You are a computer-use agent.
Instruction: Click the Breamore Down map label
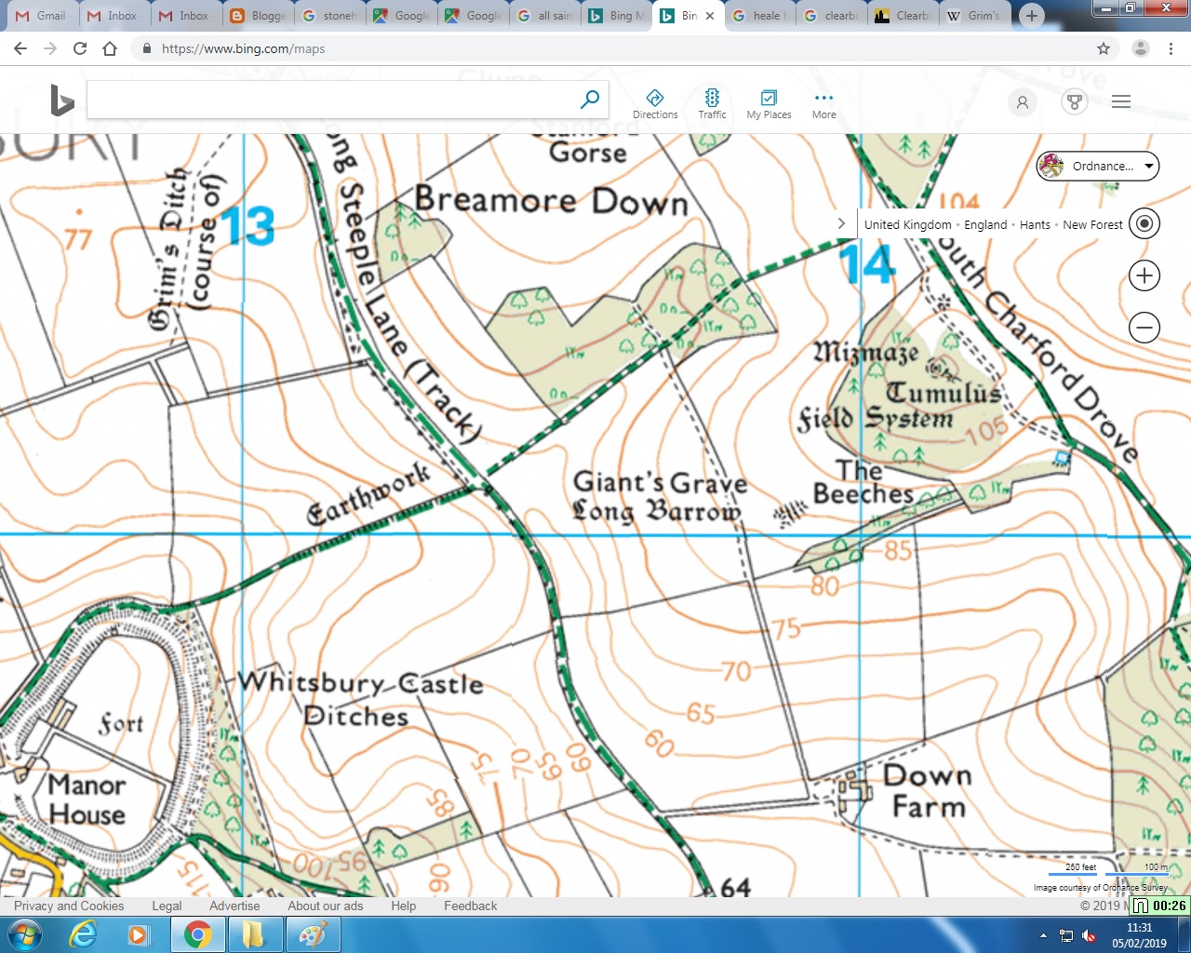[x=551, y=200]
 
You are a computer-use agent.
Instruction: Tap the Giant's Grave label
[x=660, y=483]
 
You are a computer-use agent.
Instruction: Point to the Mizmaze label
[x=866, y=352]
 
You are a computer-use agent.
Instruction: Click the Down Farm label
[x=928, y=791]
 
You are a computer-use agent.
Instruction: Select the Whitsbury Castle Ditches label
[x=360, y=698]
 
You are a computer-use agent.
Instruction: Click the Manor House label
[x=87, y=799]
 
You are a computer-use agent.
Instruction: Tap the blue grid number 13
[x=248, y=226]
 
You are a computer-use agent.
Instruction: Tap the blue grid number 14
[x=867, y=264]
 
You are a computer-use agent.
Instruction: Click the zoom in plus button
[x=1144, y=275]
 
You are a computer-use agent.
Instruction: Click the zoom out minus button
[x=1144, y=328]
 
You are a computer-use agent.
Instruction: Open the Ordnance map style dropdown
[x=1098, y=167]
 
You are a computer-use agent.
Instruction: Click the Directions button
[x=655, y=103]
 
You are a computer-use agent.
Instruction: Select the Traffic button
[x=712, y=103]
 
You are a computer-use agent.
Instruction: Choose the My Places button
[x=769, y=103]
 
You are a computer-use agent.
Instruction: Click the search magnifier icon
[x=590, y=99]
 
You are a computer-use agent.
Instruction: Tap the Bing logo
[x=61, y=101]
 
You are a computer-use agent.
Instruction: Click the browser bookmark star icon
[x=1104, y=48]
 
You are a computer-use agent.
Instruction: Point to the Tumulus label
[x=943, y=393]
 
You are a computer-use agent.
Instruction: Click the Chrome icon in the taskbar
[x=197, y=933]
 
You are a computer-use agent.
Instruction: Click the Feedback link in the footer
[x=470, y=906]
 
